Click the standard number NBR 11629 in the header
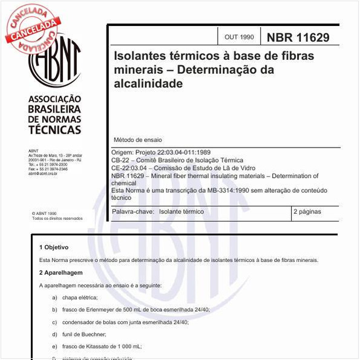point(298,37)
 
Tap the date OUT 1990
point(239,38)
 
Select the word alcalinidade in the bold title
point(148,83)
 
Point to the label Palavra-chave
point(133,212)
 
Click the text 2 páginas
point(307,212)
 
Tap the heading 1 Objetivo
point(53,247)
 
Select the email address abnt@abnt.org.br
point(43,174)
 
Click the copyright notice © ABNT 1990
point(44,214)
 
